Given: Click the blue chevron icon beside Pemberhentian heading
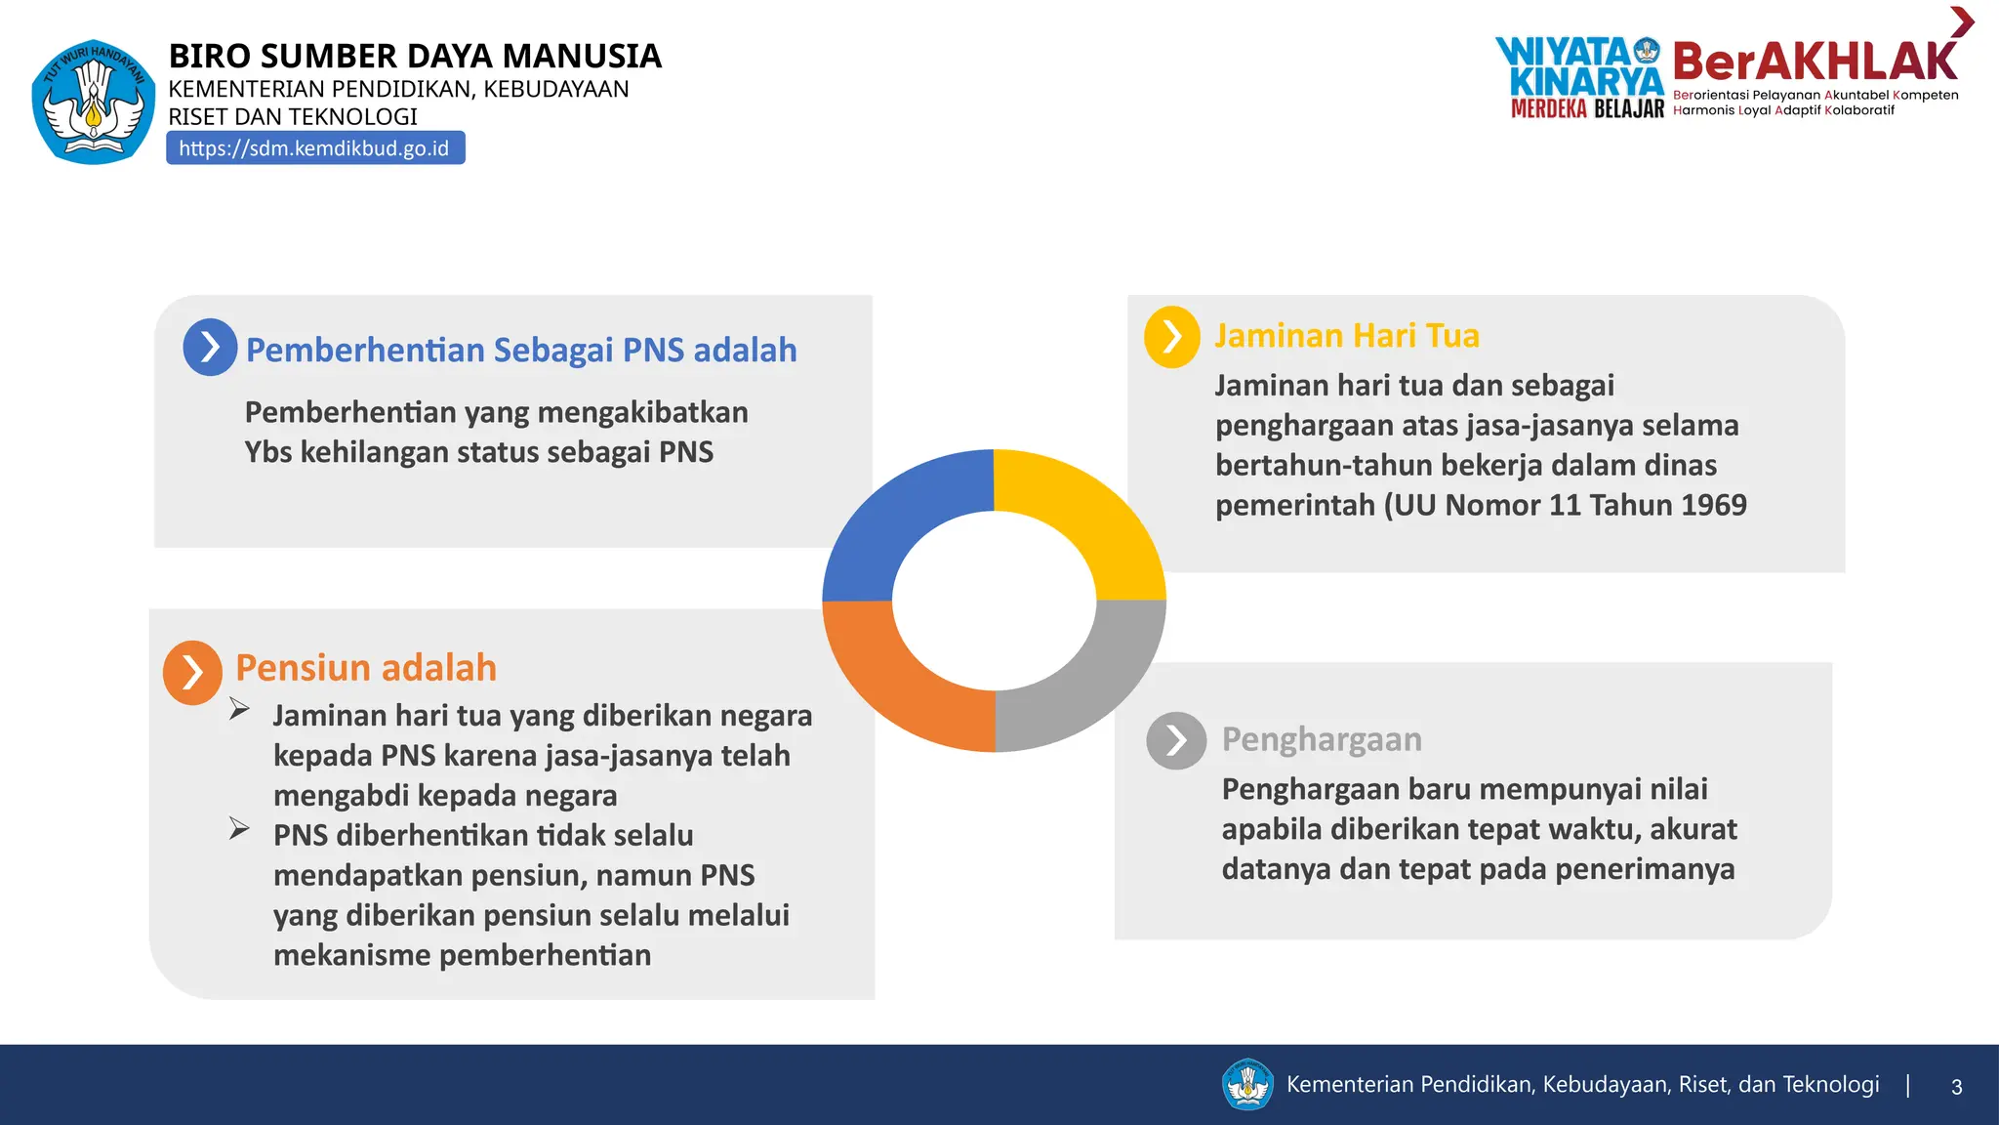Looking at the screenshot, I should [210, 347].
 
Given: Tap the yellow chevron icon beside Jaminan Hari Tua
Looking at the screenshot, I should [1171, 337].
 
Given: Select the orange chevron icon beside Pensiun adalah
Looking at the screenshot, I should [192, 672].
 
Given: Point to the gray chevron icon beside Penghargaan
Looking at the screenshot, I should [1176, 740].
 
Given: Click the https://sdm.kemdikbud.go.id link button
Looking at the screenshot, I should [314, 148].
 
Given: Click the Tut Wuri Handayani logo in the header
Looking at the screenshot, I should [93, 102].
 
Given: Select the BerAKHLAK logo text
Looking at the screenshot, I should [1814, 62].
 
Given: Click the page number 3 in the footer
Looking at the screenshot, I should [1956, 1087].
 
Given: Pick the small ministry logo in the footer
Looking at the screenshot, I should [1247, 1085].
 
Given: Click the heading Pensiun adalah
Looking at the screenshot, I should [366, 668].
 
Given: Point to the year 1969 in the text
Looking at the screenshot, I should [1714, 505].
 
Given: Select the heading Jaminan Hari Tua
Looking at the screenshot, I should [1346, 335].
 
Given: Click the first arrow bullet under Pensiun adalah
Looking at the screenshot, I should [239, 709].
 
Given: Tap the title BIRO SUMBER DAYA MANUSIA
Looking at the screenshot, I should [415, 56].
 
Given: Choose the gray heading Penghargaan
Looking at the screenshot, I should [1322, 739].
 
